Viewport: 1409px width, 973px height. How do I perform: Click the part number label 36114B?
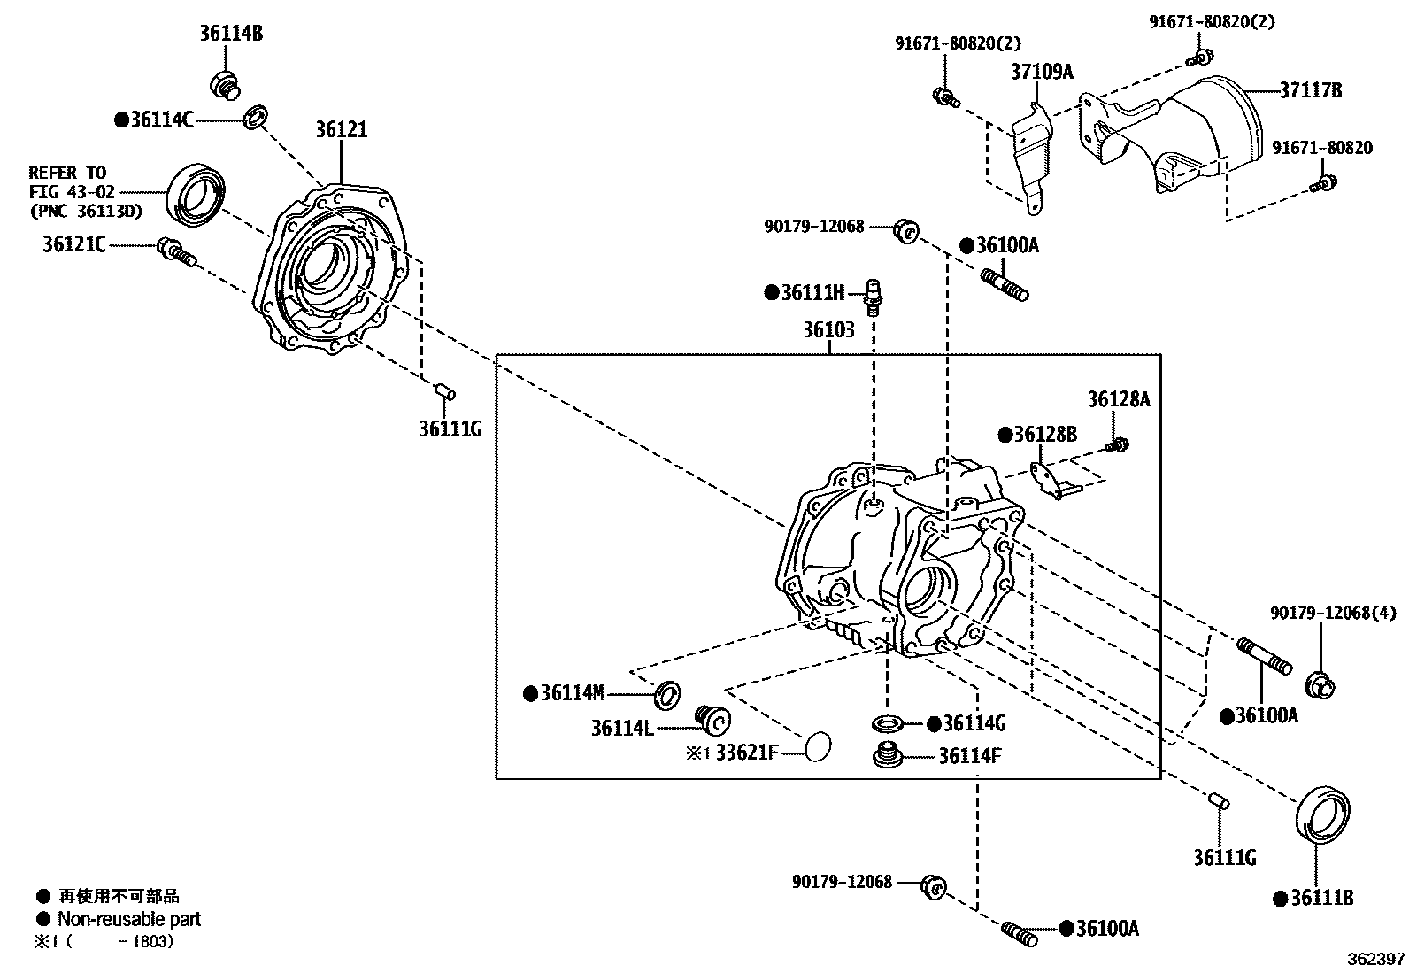click(231, 35)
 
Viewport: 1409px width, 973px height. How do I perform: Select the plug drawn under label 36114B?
click(226, 85)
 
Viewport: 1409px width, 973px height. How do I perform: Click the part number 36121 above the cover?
click(341, 130)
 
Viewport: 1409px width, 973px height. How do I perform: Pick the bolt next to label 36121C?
click(174, 251)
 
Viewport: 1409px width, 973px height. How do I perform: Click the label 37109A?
click(1041, 72)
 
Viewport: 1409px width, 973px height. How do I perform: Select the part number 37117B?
click(1310, 89)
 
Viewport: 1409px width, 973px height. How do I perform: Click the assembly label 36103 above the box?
click(828, 330)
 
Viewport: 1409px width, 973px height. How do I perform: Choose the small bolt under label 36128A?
click(1118, 444)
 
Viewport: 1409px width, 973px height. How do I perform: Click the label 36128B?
click(1044, 435)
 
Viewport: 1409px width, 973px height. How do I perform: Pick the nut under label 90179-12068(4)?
click(1320, 684)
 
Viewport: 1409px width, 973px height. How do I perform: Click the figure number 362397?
click(1376, 960)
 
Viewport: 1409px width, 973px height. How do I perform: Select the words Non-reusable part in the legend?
click(129, 919)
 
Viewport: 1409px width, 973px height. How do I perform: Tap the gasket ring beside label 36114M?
click(667, 695)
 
